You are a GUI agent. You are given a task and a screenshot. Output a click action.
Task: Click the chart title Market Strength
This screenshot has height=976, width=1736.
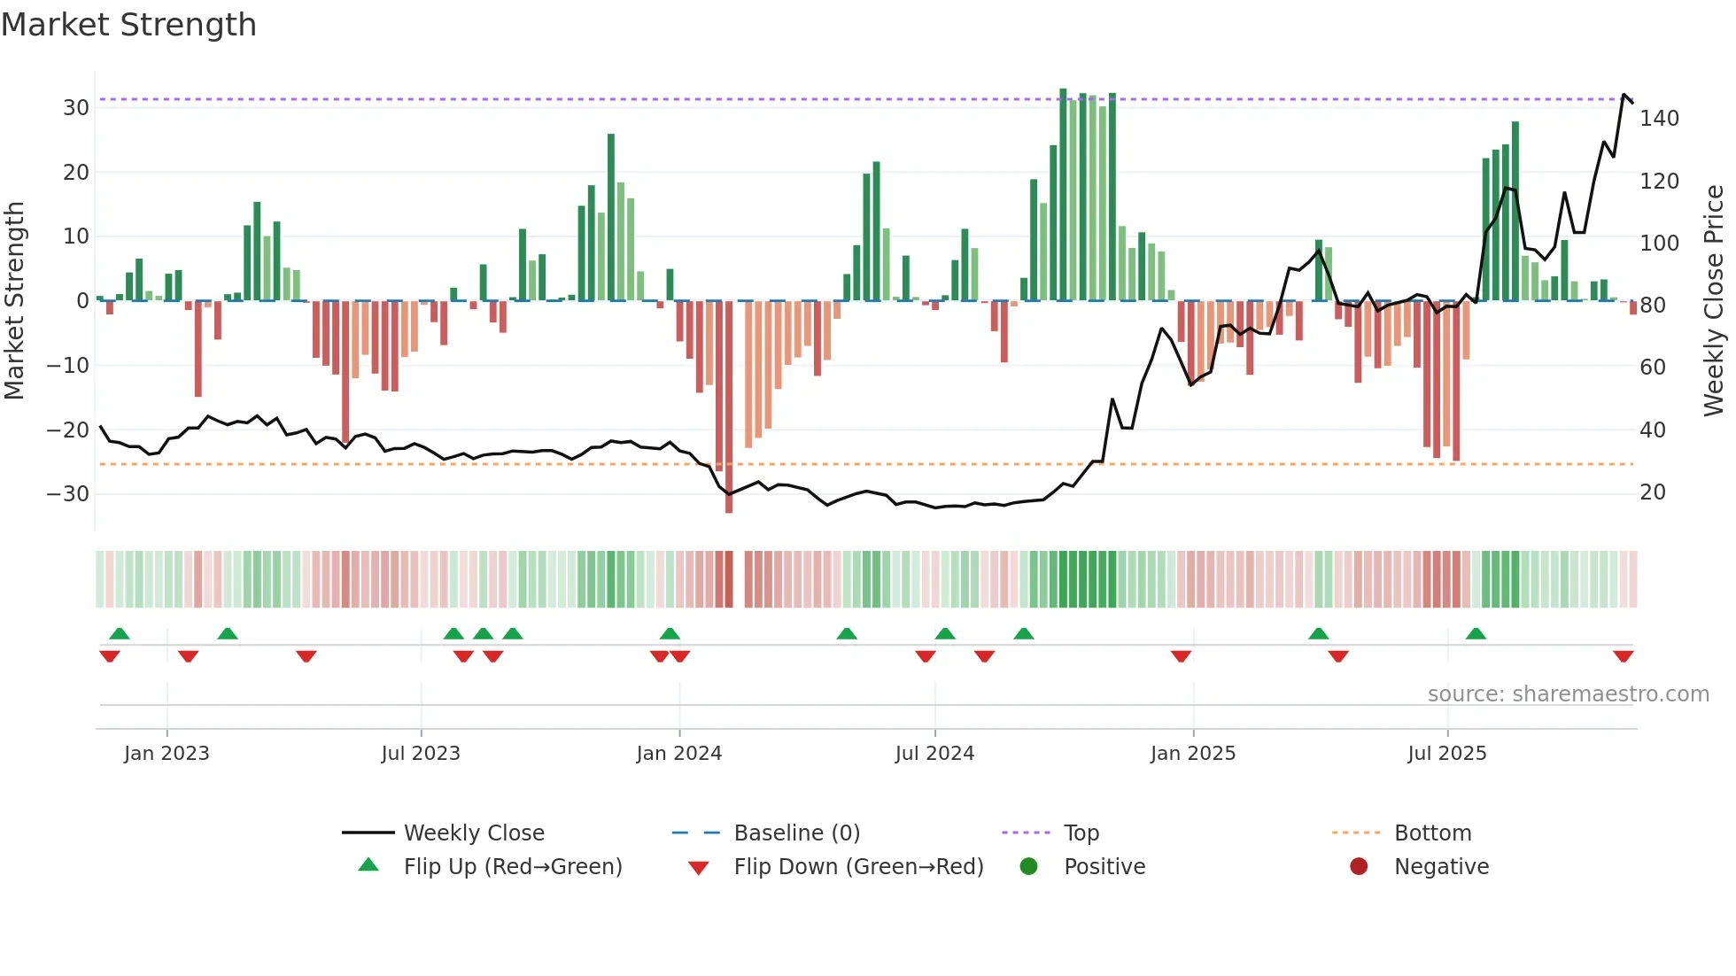coord(128,25)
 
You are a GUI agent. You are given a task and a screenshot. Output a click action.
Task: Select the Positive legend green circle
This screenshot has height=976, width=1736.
coord(1028,866)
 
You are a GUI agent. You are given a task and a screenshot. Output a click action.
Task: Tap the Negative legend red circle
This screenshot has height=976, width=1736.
coord(1359,866)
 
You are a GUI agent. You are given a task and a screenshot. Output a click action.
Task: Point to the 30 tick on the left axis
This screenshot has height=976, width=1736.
coord(76,108)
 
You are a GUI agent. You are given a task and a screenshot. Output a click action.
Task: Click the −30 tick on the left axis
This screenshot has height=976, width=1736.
coord(68,494)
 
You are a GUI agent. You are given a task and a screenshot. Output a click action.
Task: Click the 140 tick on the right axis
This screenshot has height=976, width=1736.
coord(1659,119)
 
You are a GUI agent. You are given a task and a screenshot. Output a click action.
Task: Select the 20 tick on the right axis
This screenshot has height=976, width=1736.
coord(1653,492)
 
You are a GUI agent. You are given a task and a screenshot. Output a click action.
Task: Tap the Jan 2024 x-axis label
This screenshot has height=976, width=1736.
coord(679,754)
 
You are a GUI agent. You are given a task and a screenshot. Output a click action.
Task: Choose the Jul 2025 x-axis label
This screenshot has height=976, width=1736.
coord(1447,754)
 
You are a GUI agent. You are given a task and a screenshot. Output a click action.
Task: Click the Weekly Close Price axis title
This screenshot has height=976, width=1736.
coord(1714,301)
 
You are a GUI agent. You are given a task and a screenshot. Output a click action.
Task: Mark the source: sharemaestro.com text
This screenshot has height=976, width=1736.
coord(1568,694)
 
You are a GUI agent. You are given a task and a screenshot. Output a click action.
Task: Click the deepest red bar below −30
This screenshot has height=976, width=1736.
coord(729,407)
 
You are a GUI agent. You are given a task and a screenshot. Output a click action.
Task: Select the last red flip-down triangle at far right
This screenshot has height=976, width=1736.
coord(1624,656)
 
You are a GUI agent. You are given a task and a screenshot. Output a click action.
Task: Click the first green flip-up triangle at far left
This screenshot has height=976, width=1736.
coord(120,633)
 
